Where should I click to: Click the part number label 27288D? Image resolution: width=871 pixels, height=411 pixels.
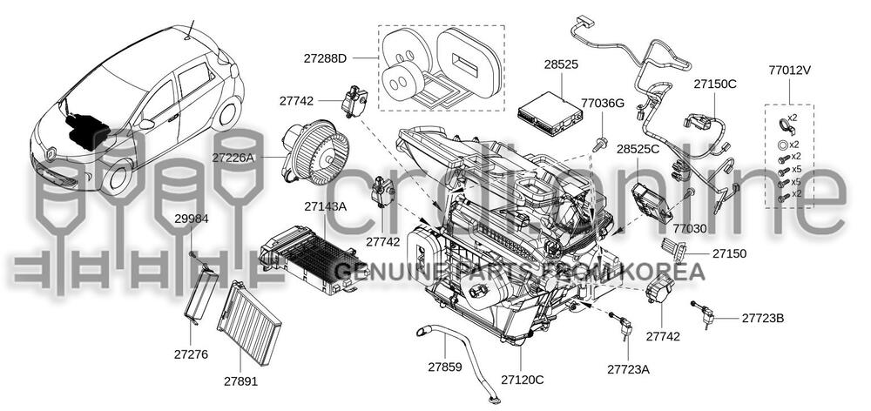pos(324,58)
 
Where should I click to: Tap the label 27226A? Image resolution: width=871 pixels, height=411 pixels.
pos(233,158)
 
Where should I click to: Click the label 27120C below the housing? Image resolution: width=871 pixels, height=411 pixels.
pos(522,380)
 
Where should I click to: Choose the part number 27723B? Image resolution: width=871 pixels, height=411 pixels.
pos(763,318)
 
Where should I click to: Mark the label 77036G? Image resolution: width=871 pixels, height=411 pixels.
pos(603,103)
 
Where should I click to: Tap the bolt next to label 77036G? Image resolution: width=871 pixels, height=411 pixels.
pos(600,141)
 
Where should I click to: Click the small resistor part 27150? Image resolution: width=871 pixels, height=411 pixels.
pos(675,250)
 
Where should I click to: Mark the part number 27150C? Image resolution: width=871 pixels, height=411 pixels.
pos(715,84)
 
